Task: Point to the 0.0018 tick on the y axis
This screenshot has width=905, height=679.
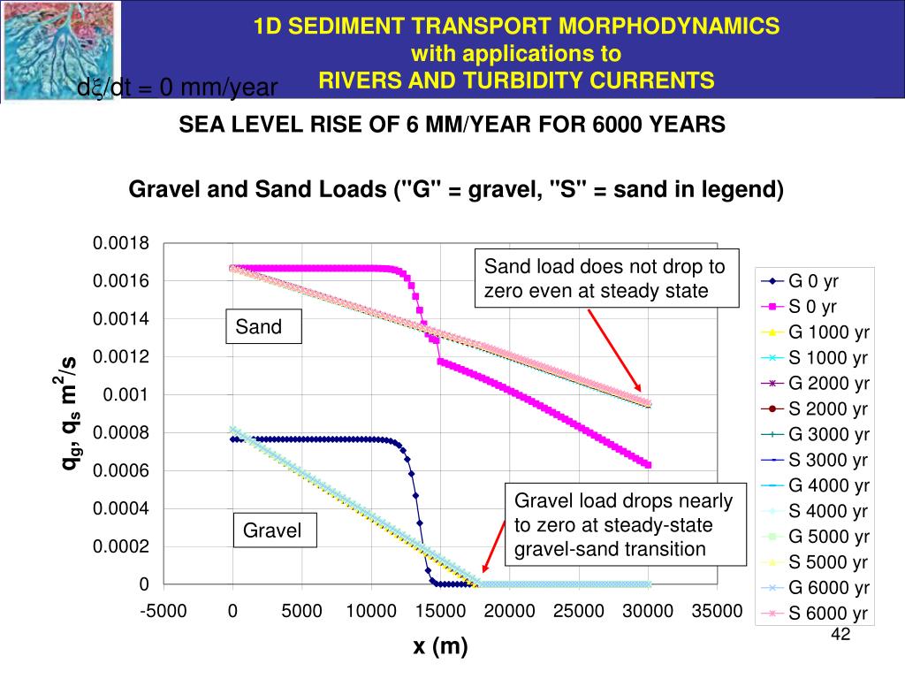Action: click(122, 244)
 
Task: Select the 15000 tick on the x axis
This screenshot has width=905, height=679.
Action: click(440, 611)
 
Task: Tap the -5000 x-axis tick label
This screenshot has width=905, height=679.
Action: click(164, 611)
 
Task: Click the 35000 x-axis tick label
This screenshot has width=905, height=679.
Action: click(717, 611)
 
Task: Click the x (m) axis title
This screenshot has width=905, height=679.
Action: click(440, 647)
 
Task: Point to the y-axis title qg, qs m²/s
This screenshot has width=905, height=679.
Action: click(68, 412)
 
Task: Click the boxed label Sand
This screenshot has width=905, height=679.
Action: click(259, 327)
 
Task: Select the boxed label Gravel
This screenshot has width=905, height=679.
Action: click(272, 530)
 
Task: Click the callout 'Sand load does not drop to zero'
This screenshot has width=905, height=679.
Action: click(606, 278)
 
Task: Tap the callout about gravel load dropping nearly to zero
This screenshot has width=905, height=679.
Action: click(624, 525)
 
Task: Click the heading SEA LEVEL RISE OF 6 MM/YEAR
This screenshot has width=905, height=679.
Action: click(452, 125)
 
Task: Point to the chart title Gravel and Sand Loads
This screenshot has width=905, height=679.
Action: click(456, 190)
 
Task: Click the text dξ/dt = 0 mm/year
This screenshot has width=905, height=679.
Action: click(178, 88)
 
